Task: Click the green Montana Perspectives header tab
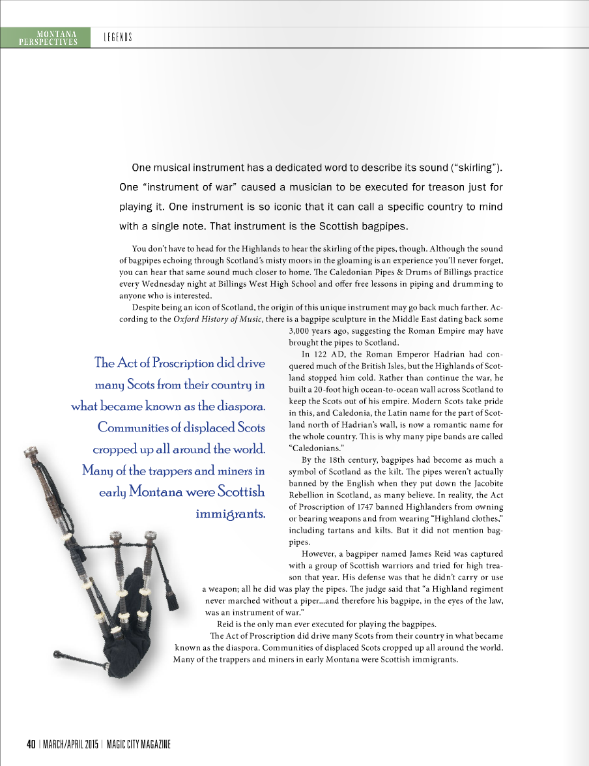tap(45, 37)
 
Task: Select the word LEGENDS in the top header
tap(118, 37)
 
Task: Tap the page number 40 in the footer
tap(31, 744)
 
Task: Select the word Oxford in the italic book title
tap(186, 318)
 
